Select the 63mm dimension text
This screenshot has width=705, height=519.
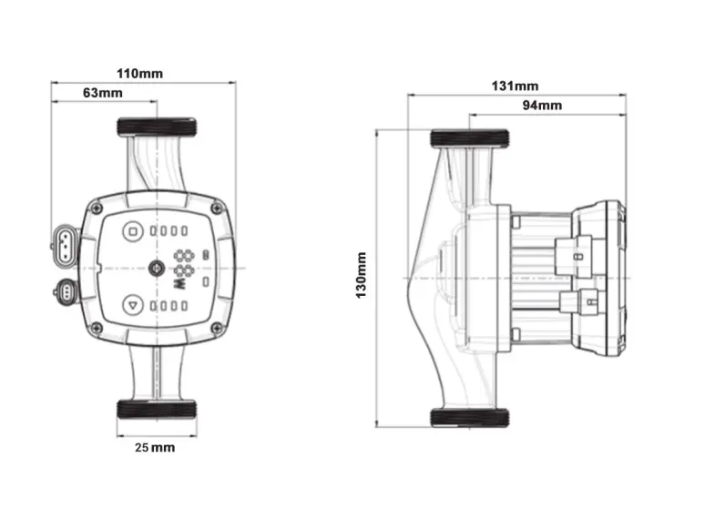coord(102,92)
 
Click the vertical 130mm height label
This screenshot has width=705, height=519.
coord(362,276)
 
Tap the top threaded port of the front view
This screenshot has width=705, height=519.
coord(156,126)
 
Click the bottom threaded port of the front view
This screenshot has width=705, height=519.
coord(156,408)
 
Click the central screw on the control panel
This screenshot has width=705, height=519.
coord(156,269)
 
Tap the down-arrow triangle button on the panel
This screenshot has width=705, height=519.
coord(134,306)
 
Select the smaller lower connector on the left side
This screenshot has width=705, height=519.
coord(66,292)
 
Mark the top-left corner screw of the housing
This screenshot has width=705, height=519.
coord(96,209)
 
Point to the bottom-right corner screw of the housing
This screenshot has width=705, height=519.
coord(216,328)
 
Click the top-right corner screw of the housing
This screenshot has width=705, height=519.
coord(216,209)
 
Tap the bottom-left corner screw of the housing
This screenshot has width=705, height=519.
coord(96,328)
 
